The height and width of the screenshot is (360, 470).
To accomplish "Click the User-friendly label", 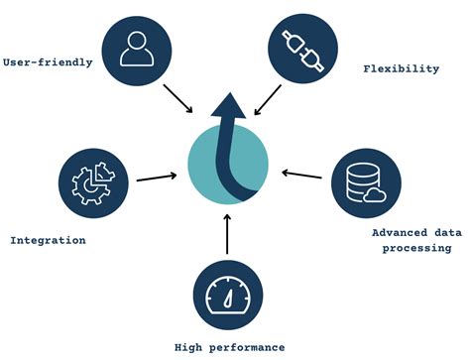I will pyautogui.click(x=48, y=61).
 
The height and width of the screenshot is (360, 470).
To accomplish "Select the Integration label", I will pyautogui.click(x=47, y=240).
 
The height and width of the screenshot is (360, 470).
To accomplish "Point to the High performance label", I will pyautogui.click(x=229, y=347).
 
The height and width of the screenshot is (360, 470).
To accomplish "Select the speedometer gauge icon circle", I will pyautogui.click(x=227, y=294).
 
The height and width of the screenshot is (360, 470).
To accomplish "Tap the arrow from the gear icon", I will pyautogui.click(x=157, y=179).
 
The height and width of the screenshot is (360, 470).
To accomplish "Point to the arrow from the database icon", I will pyautogui.click(x=301, y=176).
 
